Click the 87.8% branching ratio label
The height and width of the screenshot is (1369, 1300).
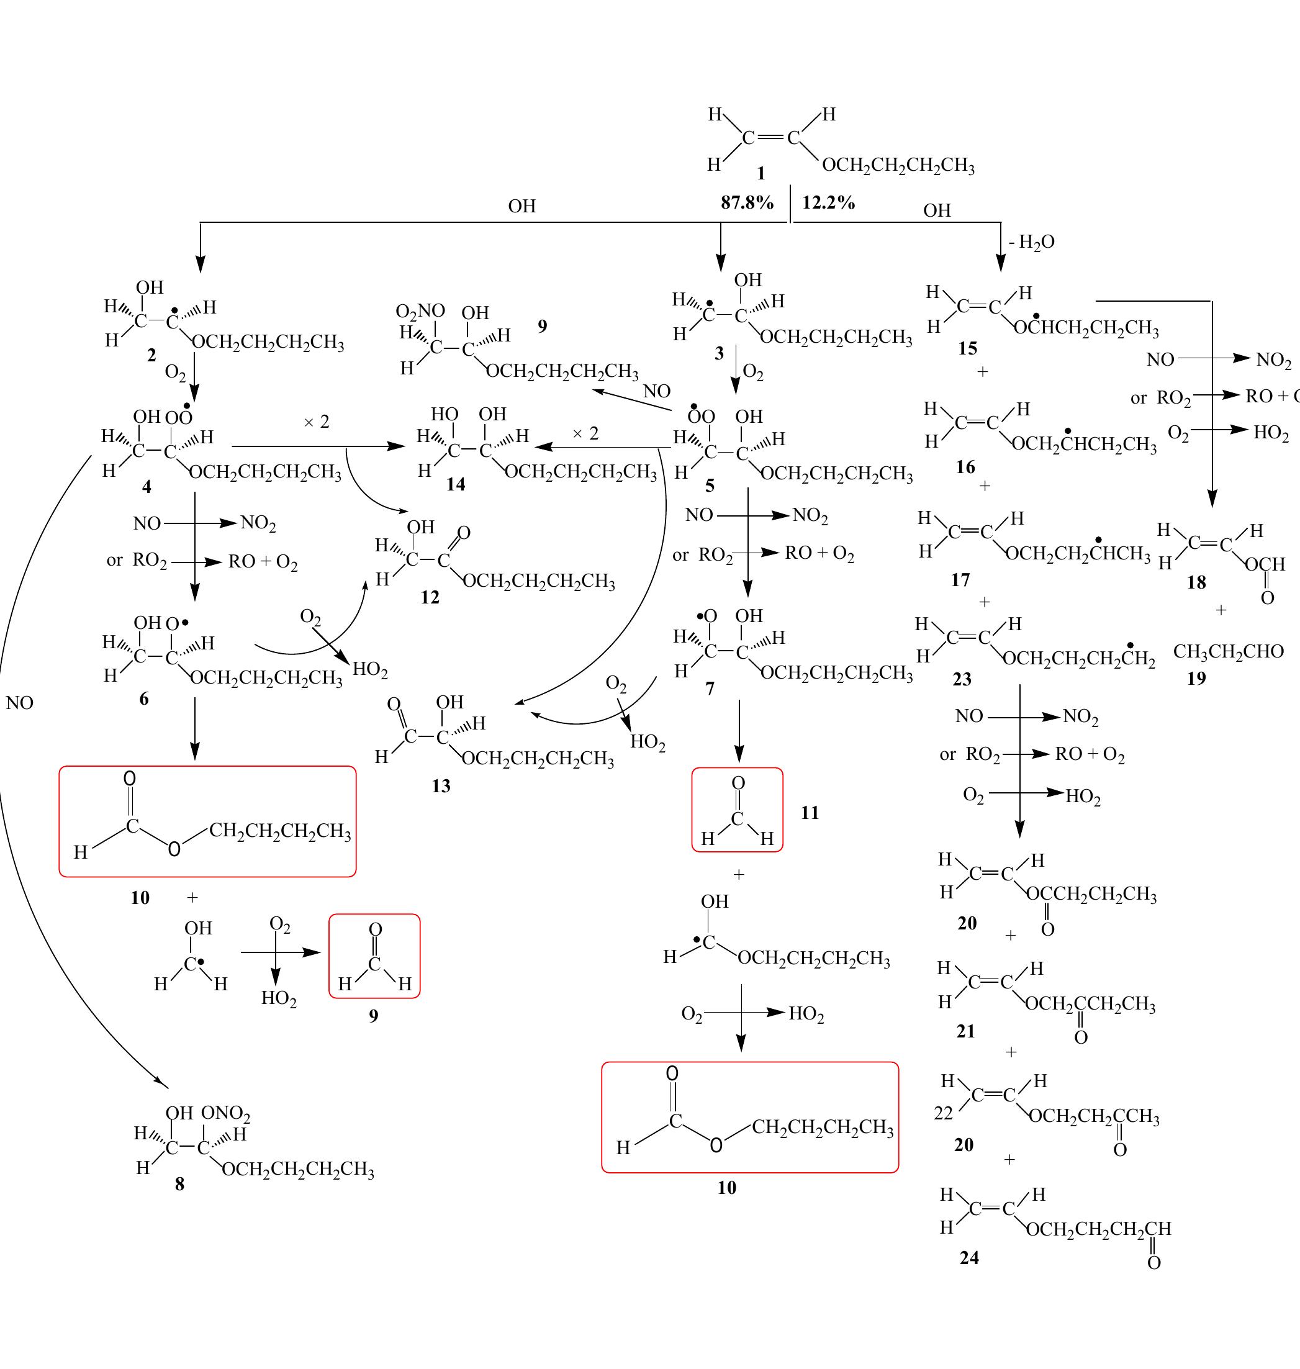pyautogui.click(x=746, y=202)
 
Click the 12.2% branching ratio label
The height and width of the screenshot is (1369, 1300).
pyautogui.click(x=828, y=202)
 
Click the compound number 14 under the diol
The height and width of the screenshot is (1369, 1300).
pyautogui.click(x=455, y=484)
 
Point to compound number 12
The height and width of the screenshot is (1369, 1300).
pyautogui.click(x=430, y=597)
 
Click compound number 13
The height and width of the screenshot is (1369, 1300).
pyautogui.click(x=441, y=785)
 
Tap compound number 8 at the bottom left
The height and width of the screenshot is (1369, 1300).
pyautogui.click(x=179, y=1184)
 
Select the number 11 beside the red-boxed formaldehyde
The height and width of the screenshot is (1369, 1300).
pyautogui.click(x=810, y=812)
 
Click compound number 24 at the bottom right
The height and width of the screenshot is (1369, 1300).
pyautogui.click(x=968, y=1257)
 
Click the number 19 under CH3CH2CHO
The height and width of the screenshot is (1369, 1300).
pyautogui.click(x=1196, y=678)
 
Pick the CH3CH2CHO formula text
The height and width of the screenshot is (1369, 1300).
pyautogui.click(x=1228, y=651)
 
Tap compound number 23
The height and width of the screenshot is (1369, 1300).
pyautogui.click(x=962, y=679)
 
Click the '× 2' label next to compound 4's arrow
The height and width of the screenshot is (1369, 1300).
pyautogui.click(x=317, y=422)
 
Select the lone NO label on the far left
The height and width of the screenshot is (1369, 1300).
pyautogui.click(x=19, y=703)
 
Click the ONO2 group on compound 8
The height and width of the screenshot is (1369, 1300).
pyautogui.click(x=225, y=1113)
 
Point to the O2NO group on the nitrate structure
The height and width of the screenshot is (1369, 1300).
pyautogui.click(x=420, y=310)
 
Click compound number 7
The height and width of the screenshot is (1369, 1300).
pyautogui.click(x=709, y=689)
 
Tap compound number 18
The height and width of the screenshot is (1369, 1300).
pyautogui.click(x=1196, y=582)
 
